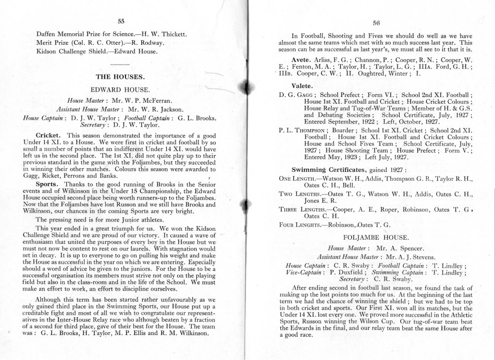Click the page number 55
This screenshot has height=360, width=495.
121,21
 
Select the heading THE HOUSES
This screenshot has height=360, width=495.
120,76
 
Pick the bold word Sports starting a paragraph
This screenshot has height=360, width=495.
47,184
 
